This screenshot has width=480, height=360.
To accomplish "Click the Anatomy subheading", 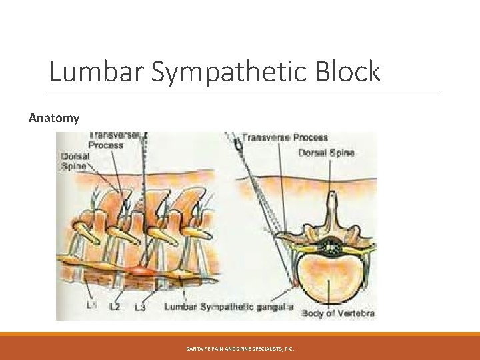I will tap(54, 118).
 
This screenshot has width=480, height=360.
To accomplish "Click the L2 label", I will tap(115, 306).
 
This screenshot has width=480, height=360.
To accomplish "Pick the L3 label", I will tap(140, 307).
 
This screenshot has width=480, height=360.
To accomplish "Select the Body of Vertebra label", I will tap(338, 312).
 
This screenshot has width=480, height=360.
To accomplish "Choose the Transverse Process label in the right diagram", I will tap(285, 138).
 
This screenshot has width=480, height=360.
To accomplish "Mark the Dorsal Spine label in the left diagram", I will tap(74, 161).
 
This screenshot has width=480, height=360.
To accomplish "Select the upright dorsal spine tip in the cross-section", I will tap(331, 198).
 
